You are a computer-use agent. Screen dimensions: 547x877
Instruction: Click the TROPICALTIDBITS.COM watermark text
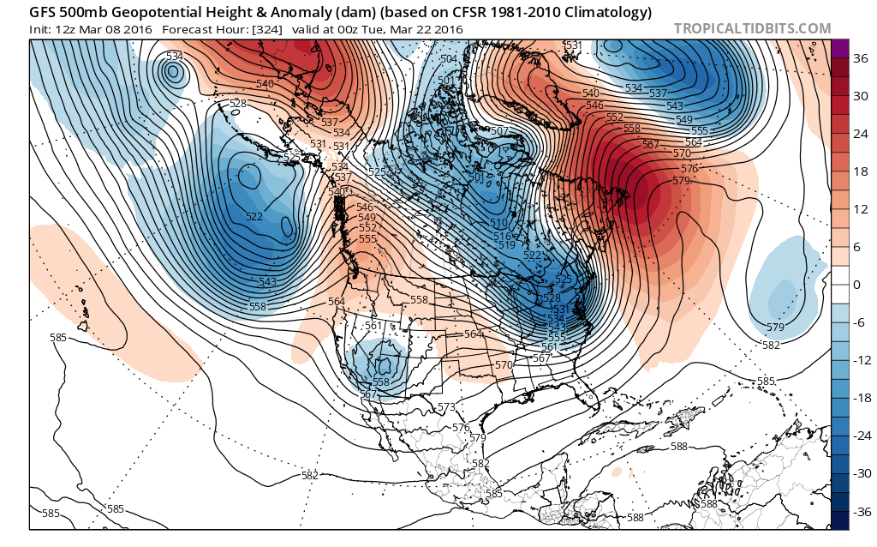tap(752, 28)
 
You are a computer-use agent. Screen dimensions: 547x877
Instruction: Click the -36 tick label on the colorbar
tap(861, 511)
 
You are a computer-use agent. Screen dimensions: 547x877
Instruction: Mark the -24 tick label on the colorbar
tap(861, 436)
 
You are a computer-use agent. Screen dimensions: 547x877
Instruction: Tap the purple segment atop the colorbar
tap(839, 48)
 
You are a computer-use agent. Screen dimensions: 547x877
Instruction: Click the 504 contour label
tap(449, 59)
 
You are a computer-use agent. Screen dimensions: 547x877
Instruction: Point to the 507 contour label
tap(500, 131)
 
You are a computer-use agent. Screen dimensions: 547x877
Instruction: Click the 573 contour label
tap(446, 406)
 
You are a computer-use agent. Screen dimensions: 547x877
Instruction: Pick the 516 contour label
tap(502, 236)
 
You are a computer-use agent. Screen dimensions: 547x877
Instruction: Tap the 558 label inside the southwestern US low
tap(381, 382)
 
